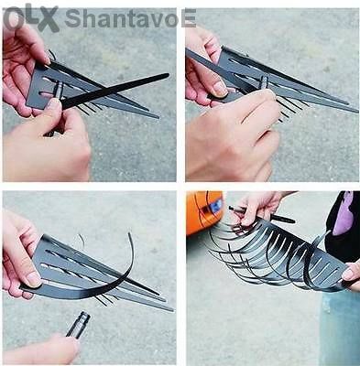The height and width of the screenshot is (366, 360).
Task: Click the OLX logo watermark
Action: pyautogui.click(x=31, y=17)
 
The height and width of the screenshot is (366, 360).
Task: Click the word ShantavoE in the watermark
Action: pyautogui.click(x=130, y=18)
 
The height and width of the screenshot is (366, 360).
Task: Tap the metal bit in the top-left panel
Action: pyautogui.click(x=58, y=91)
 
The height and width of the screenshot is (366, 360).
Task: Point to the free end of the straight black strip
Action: pyautogui.click(x=167, y=75)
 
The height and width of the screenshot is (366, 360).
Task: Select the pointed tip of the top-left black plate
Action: pyautogui.click(x=158, y=117)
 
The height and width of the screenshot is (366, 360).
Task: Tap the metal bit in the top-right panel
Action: pyautogui.click(x=263, y=82)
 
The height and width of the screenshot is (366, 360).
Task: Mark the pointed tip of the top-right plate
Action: pyautogui.click(x=356, y=112)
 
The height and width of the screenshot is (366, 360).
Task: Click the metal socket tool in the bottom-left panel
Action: pyautogui.click(x=78, y=325)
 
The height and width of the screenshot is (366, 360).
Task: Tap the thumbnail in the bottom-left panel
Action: pyautogui.click(x=33, y=279)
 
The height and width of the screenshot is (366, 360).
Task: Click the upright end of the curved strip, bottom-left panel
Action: pyautogui.click(x=130, y=235)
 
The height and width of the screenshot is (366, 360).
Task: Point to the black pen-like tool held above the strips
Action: pyautogui.click(x=262, y=214)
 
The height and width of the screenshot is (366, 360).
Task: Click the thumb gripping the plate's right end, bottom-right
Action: pyautogui.click(x=351, y=273)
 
